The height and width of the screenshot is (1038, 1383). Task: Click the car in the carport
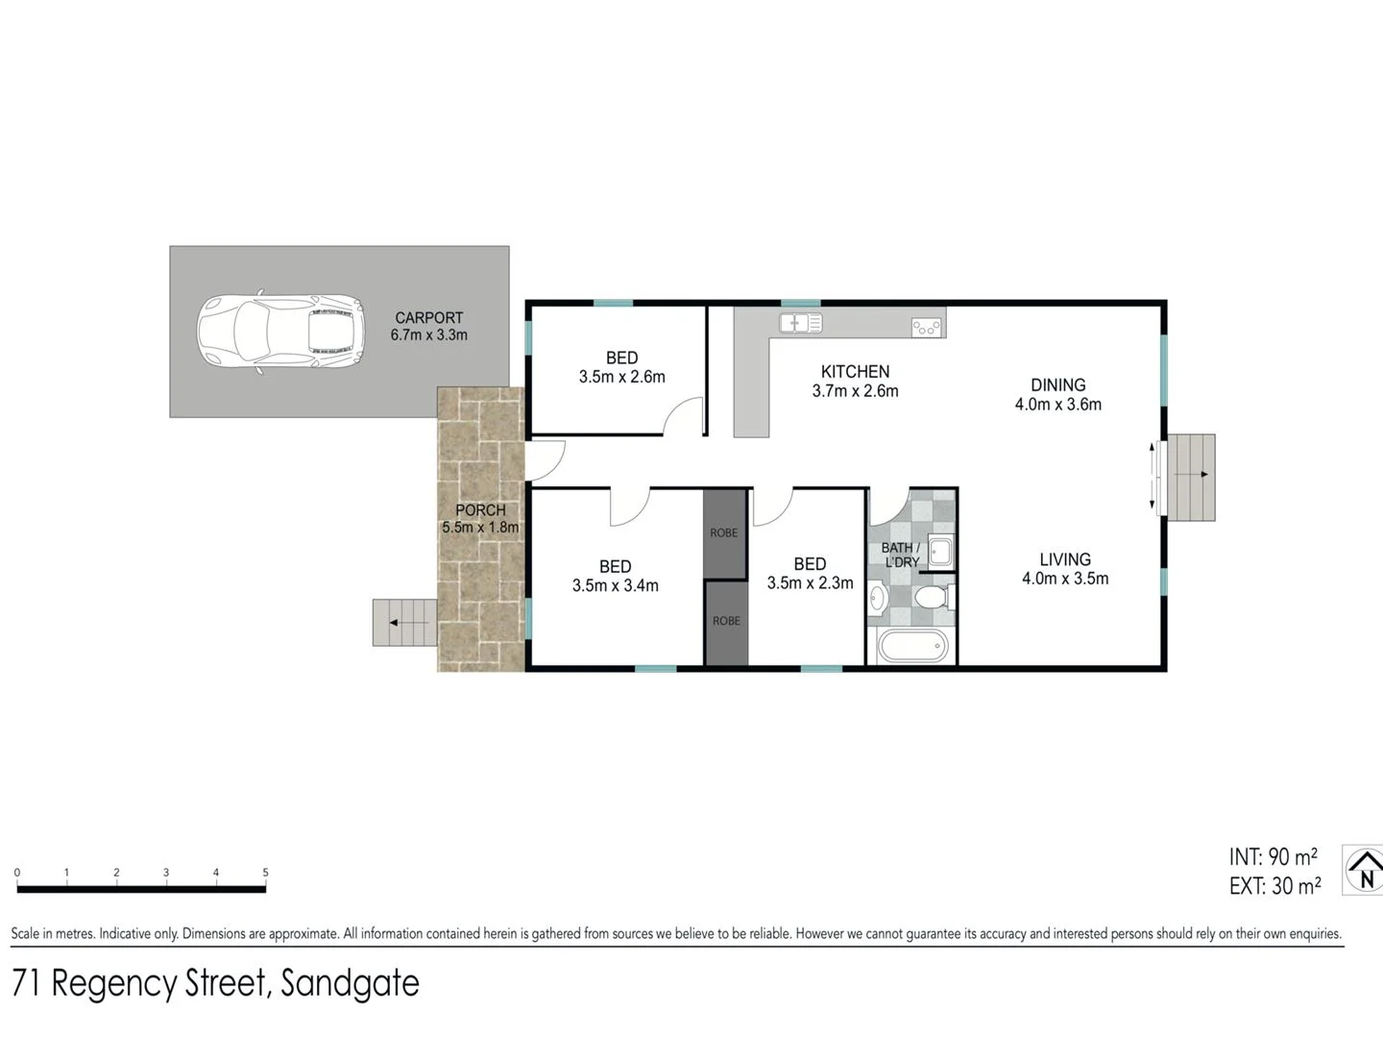pyautogui.click(x=280, y=332)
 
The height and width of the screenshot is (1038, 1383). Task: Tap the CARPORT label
pyautogui.click(x=428, y=318)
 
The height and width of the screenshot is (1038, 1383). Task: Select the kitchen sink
pyautogui.click(x=800, y=323)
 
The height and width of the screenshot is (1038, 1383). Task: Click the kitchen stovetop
pyautogui.click(x=927, y=328)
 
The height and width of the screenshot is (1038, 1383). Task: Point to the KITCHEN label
pyautogui.click(x=855, y=372)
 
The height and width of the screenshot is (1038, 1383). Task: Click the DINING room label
pyautogui.click(x=1057, y=385)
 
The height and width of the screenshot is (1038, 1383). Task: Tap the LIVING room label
pyautogui.click(x=1064, y=559)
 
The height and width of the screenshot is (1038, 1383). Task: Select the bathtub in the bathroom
pyautogui.click(x=912, y=647)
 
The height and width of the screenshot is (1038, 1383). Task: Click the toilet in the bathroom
pyautogui.click(x=932, y=599)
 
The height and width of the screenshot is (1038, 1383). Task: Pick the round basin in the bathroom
pyautogui.click(x=877, y=598)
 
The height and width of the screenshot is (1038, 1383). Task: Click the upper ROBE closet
pyautogui.click(x=724, y=533)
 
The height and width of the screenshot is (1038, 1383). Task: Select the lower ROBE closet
pyautogui.click(x=726, y=622)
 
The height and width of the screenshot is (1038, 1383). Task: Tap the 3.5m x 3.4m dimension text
pyautogui.click(x=615, y=585)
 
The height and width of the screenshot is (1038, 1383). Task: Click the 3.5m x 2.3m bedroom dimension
pyautogui.click(x=810, y=582)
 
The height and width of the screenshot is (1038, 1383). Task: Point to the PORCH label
pyautogui.click(x=480, y=510)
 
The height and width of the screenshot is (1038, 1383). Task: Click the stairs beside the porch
pyautogui.click(x=404, y=622)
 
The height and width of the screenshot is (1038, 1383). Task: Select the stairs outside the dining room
pyautogui.click(x=1190, y=477)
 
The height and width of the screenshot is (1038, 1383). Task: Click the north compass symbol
pyautogui.click(x=1364, y=870)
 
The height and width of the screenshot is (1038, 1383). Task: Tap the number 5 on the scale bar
pyautogui.click(x=265, y=873)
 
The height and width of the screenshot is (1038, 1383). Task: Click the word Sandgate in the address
pyautogui.click(x=350, y=983)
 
